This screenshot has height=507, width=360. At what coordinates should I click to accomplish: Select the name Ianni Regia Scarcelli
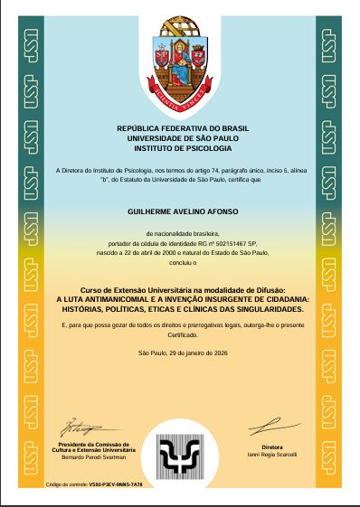(272, 453)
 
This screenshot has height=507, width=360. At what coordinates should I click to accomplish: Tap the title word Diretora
(272, 446)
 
